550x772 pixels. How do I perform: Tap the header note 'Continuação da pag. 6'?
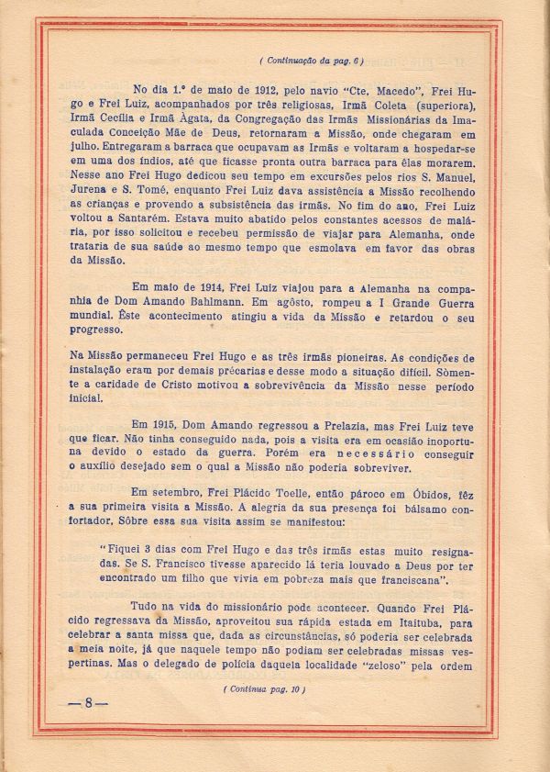312,61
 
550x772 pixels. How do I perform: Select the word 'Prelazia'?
308,426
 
